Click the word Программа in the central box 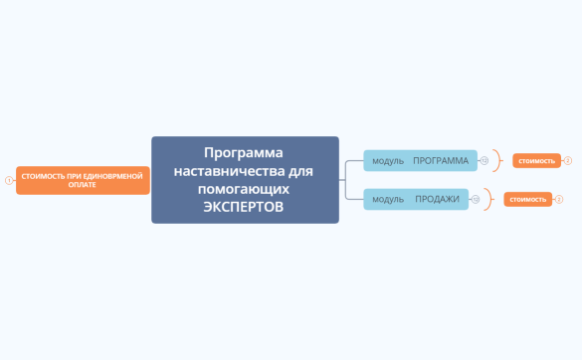click(x=244, y=152)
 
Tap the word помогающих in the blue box click(x=244, y=188)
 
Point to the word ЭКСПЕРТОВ click(x=244, y=207)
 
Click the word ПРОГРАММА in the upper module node click(x=441, y=160)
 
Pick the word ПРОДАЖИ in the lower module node click(x=437, y=199)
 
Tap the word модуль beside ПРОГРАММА click(x=388, y=160)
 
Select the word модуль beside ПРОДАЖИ click(x=388, y=199)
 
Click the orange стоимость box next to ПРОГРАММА click(x=536, y=160)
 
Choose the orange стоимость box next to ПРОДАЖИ click(x=527, y=199)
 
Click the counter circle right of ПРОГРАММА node click(x=485, y=160)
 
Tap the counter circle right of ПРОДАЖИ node click(x=476, y=199)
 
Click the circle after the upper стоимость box click(x=568, y=160)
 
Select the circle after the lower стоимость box click(x=559, y=199)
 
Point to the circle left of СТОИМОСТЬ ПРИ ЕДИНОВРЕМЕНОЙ click(x=9, y=180)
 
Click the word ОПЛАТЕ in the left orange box click(x=83, y=185)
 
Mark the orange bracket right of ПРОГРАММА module click(x=497, y=160)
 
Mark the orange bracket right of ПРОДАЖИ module click(x=488, y=199)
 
